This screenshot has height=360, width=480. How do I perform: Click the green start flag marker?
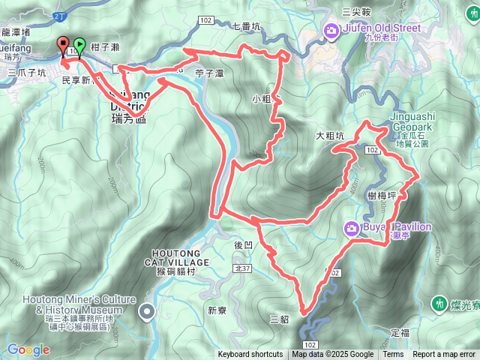click(x=79, y=46)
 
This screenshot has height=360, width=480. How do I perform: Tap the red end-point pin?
click(x=63, y=44)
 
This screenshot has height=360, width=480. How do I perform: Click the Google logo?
click(x=28, y=349)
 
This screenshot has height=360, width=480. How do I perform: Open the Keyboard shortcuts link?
click(x=250, y=355)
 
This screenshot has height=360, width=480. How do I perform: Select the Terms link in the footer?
click(x=393, y=355)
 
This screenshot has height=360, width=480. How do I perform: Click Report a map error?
click(x=445, y=355)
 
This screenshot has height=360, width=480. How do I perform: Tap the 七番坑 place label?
click(x=246, y=26)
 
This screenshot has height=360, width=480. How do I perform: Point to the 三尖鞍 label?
click(x=357, y=11)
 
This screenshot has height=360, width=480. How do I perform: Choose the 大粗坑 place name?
click(x=329, y=136)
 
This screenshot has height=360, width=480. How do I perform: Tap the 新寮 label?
click(x=217, y=310)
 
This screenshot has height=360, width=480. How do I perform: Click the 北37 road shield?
click(x=241, y=267)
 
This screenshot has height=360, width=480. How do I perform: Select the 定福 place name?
click(x=400, y=331)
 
